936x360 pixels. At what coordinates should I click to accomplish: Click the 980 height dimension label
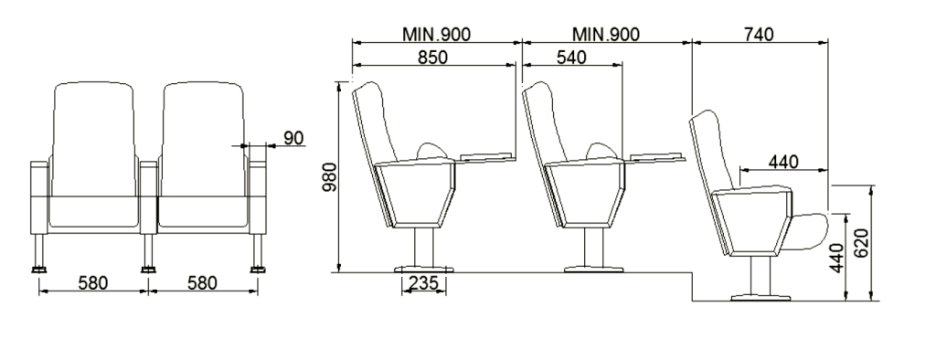[x=330, y=176]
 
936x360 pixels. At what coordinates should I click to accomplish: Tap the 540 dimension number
[x=571, y=58]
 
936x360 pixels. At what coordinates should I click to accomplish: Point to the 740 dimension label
[x=759, y=35]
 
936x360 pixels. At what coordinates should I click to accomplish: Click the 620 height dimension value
[x=861, y=243]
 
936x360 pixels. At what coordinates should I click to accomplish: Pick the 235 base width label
[x=424, y=282]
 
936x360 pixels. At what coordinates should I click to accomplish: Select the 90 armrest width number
[x=293, y=138]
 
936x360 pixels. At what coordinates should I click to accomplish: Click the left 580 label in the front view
[x=93, y=282]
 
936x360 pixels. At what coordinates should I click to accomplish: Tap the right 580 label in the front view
[x=202, y=282]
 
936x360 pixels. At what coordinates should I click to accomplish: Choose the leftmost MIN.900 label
[x=436, y=35]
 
